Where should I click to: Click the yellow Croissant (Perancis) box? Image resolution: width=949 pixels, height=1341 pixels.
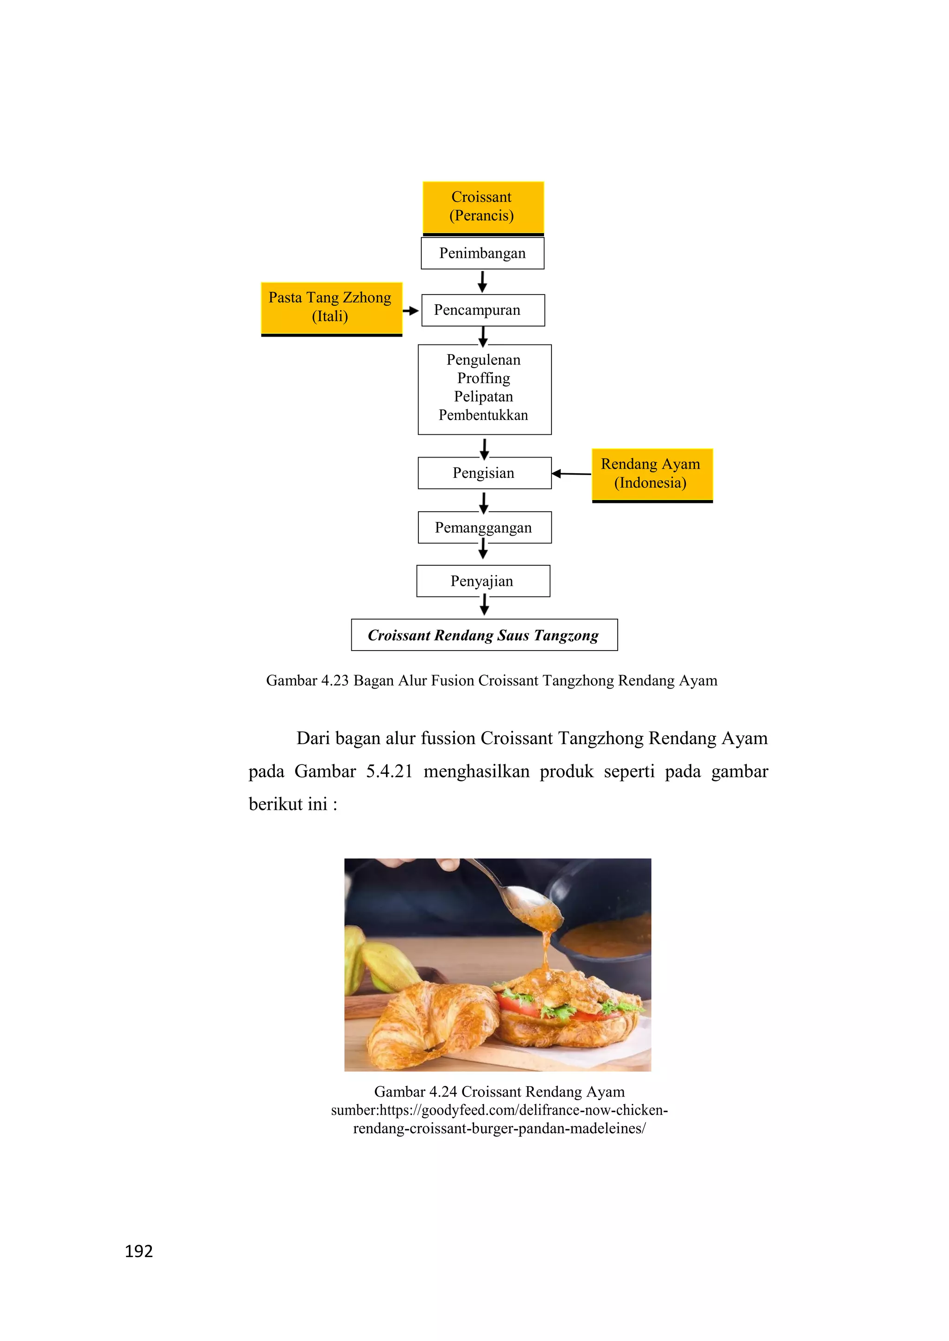(483, 207)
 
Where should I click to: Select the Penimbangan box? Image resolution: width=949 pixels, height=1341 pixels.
(482, 253)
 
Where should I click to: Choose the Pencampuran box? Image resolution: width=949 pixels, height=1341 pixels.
(483, 310)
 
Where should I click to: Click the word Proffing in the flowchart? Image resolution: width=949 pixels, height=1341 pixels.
(483, 378)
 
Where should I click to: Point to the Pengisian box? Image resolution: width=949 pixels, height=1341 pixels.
(484, 473)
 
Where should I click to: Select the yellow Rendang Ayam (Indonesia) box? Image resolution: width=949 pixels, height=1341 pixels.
(652, 474)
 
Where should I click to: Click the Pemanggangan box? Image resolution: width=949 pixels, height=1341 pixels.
(484, 528)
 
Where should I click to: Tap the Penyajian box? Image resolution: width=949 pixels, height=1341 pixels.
(483, 581)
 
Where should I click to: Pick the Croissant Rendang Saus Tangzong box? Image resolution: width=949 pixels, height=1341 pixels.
(484, 635)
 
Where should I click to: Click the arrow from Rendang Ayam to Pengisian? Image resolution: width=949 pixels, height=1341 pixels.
(571, 474)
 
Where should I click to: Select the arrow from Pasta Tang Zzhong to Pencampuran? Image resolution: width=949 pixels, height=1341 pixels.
(411, 311)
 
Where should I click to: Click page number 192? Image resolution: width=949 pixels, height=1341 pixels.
(139, 1250)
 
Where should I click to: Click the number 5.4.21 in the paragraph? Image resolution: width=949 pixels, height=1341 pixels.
(389, 771)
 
